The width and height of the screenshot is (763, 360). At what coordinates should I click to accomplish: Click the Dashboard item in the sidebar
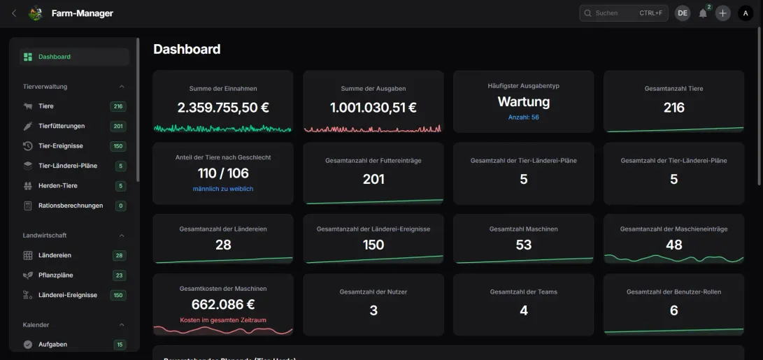(55, 57)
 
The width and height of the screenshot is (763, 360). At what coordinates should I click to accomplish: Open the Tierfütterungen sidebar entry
(62, 126)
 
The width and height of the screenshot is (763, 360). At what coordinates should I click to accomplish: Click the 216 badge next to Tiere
(117, 106)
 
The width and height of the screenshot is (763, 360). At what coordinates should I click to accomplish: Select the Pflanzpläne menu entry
(56, 275)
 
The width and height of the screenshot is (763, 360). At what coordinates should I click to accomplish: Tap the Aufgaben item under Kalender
(52, 345)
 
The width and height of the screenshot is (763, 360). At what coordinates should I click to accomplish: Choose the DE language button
(682, 13)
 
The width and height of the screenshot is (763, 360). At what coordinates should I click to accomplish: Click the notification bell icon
(703, 13)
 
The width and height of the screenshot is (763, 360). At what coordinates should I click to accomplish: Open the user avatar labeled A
(746, 13)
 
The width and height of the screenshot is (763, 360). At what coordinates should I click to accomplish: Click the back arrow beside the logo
(15, 13)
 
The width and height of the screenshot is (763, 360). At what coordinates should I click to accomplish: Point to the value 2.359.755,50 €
(223, 108)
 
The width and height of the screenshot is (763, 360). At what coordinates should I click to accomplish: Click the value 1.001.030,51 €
(373, 108)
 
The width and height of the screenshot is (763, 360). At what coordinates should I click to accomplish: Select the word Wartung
(523, 101)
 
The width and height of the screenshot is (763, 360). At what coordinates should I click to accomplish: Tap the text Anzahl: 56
(523, 117)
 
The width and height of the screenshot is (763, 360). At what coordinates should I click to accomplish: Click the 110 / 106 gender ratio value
(223, 173)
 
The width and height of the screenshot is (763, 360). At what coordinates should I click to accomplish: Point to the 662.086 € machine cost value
(223, 304)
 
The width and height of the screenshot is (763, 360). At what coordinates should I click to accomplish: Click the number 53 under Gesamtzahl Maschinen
(523, 245)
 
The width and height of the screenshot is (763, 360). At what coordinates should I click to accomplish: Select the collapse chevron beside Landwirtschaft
(122, 236)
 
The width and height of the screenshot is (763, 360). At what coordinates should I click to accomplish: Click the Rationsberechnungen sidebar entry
(71, 206)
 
